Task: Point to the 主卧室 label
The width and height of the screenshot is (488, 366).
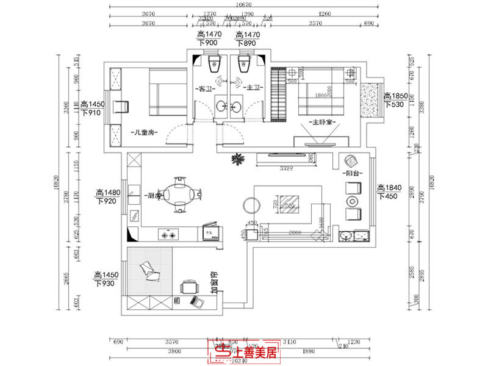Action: tap(321, 122)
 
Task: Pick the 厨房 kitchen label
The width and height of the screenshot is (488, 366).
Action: tap(153, 196)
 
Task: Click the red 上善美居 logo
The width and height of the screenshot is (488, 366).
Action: tap(243, 351)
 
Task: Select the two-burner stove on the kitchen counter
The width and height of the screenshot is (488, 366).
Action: tap(168, 233)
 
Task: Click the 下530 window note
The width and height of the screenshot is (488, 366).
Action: tap(395, 105)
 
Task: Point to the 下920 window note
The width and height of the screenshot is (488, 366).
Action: tap(107, 201)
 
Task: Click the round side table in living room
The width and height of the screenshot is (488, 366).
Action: tap(251, 203)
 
